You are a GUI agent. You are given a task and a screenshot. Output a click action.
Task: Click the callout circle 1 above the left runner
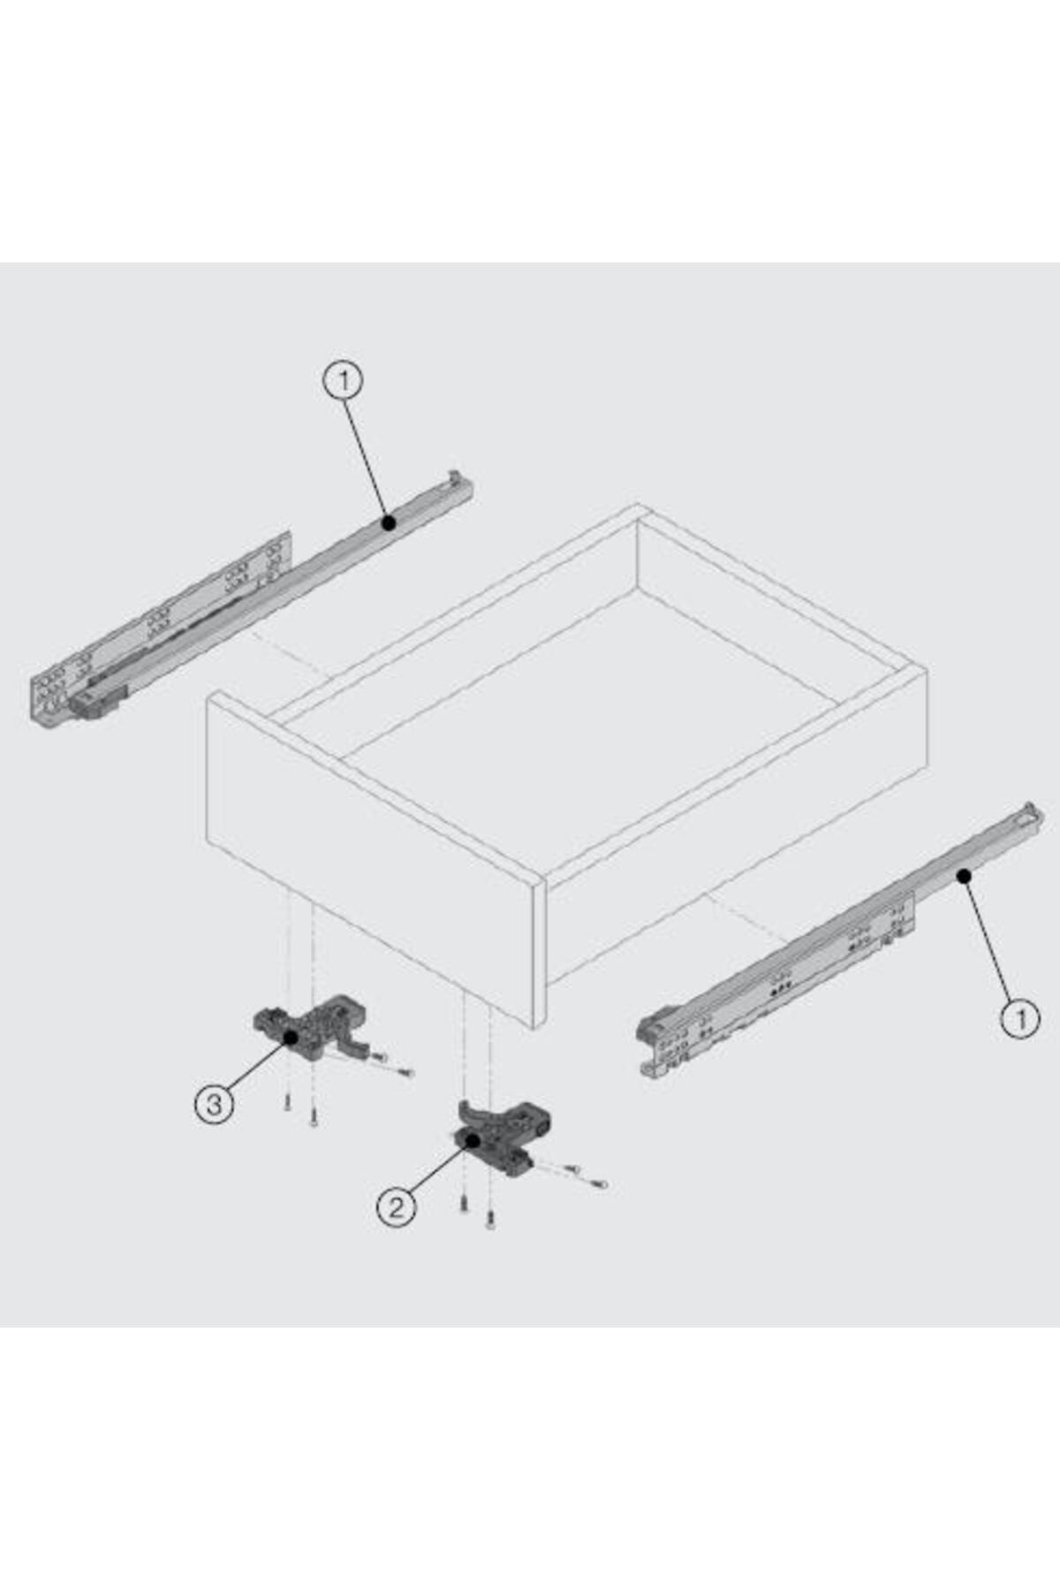(344, 381)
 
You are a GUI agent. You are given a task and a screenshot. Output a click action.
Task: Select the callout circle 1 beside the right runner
(1020, 1019)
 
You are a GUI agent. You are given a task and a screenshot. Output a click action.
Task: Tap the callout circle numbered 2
(396, 1207)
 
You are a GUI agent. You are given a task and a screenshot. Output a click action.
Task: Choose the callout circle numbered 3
(214, 1104)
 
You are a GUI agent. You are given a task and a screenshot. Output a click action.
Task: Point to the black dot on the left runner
(388, 523)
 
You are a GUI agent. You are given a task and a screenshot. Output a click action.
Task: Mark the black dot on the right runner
(964, 876)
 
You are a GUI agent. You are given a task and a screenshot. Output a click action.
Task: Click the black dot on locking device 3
(291, 1037)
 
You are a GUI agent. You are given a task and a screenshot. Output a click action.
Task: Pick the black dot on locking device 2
(473, 1140)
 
